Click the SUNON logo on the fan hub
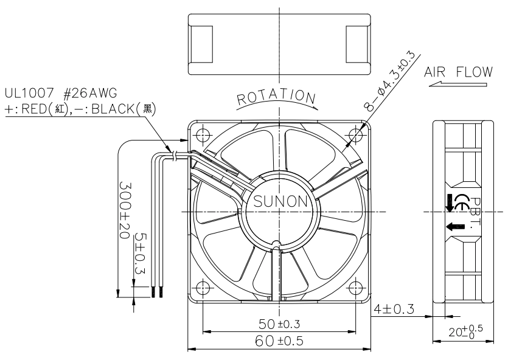(x=280, y=201)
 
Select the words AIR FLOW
(x=459, y=72)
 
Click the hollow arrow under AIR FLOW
(x=458, y=85)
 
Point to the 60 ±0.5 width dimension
(x=279, y=341)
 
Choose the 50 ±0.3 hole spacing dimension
(x=279, y=324)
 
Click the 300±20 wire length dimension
(x=125, y=210)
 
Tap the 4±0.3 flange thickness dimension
(x=394, y=309)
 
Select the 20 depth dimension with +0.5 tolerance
(x=465, y=331)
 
